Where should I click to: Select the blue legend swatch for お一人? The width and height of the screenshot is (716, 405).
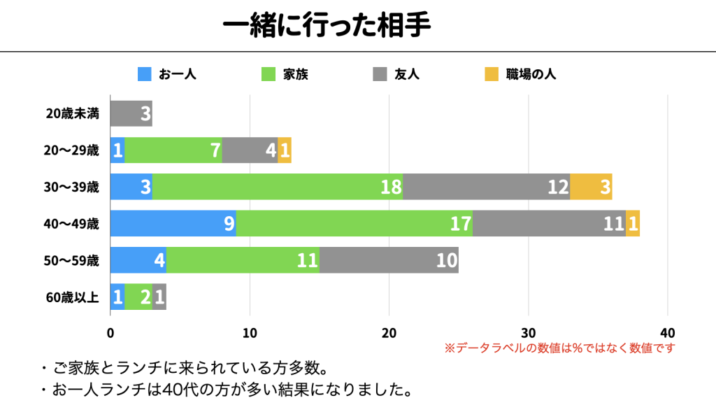[145, 73]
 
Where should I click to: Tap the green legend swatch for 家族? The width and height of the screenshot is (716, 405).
[268, 73]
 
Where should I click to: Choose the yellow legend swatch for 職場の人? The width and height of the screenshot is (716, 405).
[492, 73]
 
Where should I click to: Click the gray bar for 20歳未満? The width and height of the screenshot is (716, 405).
[131, 113]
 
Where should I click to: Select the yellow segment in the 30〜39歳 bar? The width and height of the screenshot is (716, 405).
[591, 187]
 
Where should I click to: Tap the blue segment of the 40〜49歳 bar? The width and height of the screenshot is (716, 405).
[173, 224]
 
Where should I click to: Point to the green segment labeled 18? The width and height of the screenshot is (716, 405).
[277, 187]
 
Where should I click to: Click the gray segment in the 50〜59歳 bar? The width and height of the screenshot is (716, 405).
[389, 260]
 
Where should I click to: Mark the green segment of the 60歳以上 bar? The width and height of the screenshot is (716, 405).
[138, 297]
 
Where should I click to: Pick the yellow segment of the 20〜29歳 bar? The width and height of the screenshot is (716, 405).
[285, 150]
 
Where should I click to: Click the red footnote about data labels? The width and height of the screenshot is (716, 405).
[559, 348]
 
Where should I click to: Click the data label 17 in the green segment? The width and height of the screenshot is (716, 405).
[460, 224]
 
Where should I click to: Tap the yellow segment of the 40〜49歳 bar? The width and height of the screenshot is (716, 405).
[633, 224]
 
